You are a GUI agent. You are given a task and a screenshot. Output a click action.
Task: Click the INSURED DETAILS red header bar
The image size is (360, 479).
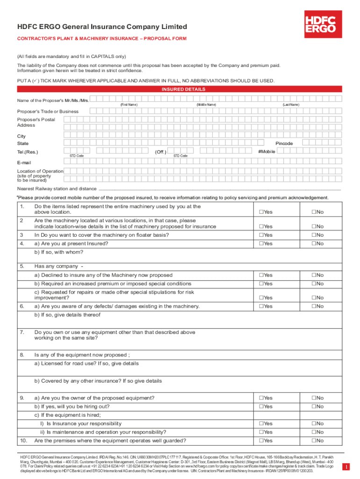[x=180, y=89]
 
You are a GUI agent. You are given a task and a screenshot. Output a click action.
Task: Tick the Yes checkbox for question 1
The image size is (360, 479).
[x=261, y=212]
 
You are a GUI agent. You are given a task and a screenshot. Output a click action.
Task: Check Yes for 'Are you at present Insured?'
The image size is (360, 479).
[x=261, y=244]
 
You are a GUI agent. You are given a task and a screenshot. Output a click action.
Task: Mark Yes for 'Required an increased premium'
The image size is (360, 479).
[x=261, y=284]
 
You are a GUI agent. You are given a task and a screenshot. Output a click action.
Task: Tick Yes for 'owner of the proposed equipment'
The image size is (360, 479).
[x=261, y=398]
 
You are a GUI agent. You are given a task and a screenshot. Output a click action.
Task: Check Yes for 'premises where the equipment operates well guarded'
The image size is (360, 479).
[x=261, y=441]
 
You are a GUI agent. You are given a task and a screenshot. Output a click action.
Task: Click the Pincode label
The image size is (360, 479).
[x=284, y=143]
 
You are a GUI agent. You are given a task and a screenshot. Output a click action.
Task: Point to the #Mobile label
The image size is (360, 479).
[x=266, y=152]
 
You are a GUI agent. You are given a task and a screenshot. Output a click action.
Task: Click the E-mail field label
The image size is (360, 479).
[x=24, y=162]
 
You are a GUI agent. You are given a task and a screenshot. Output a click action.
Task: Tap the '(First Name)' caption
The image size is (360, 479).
[x=129, y=104]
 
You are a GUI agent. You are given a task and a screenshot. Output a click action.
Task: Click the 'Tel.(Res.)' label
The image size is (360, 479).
[x=28, y=152]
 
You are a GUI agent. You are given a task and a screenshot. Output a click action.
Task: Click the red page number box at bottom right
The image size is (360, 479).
[x=346, y=466]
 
